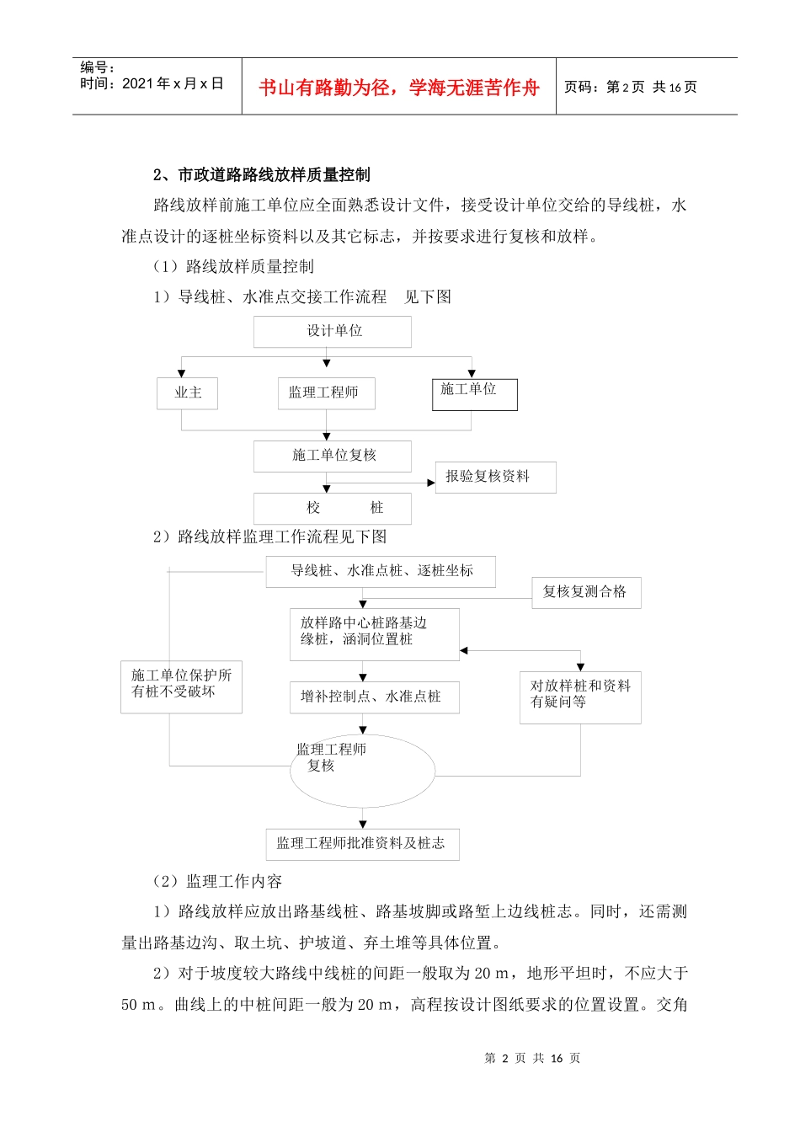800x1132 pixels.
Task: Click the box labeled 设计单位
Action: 333,332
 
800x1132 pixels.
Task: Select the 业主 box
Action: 187,393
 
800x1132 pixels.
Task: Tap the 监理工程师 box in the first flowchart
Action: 326,393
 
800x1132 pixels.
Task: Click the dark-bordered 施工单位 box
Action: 474,394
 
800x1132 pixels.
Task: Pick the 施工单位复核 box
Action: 333,456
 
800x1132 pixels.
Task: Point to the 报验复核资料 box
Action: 495,477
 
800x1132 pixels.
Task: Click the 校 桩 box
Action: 333,508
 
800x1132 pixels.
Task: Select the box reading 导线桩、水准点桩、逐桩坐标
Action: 381,571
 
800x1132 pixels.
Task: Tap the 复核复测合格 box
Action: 586,592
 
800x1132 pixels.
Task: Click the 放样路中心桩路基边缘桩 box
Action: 374,631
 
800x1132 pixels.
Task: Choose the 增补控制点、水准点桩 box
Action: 374,697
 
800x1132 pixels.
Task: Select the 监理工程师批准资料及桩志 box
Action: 362,843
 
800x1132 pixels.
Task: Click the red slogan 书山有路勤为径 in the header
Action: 398,88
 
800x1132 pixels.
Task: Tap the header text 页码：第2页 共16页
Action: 630,87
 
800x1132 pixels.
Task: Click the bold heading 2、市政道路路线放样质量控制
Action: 262,175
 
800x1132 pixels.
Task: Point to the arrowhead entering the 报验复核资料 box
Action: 431,483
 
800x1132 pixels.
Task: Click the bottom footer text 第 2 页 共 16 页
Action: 532,1058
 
